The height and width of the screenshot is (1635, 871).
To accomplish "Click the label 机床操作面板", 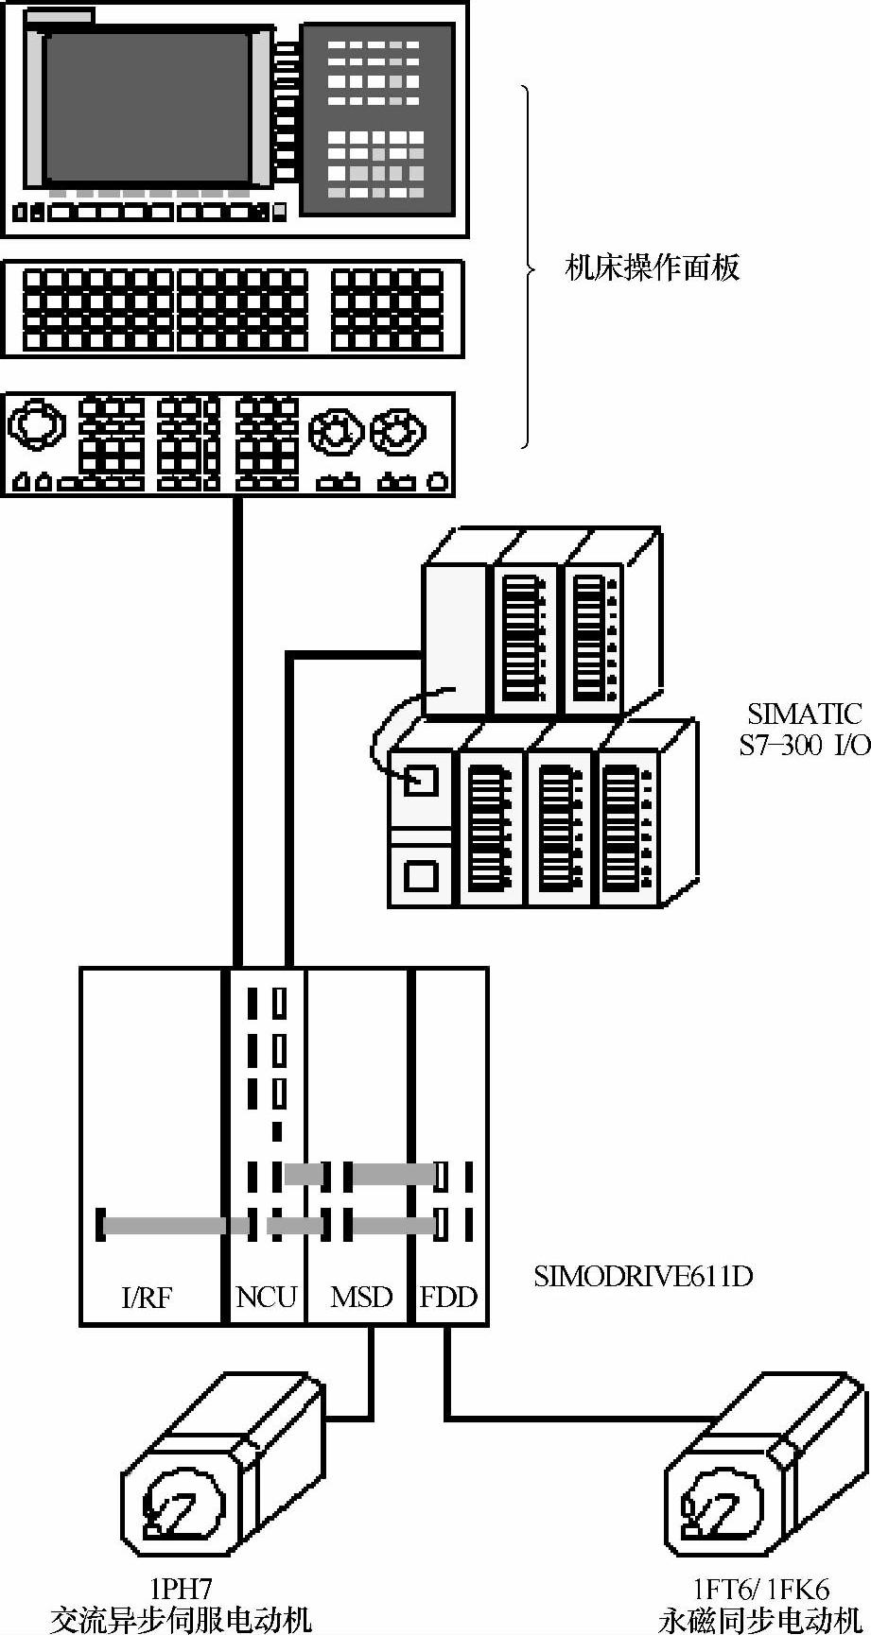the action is [x=652, y=268].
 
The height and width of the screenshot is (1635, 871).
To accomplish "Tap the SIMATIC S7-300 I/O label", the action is [x=803, y=728].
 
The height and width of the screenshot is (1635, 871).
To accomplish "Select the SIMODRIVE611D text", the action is [x=643, y=1277].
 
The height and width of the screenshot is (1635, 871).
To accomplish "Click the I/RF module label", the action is [x=148, y=1297].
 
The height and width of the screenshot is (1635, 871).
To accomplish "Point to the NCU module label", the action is [x=266, y=1297].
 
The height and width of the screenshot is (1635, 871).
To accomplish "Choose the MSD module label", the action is [x=360, y=1297].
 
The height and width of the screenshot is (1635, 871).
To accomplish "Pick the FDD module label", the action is [x=448, y=1297].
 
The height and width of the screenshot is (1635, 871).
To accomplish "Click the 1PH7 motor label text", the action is [x=180, y=1587].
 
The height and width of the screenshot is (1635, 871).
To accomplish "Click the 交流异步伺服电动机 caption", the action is [x=180, y=1619].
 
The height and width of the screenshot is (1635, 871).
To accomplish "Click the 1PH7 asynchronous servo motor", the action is [x=218, y=1474].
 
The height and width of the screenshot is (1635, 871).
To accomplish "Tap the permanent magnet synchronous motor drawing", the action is [x=757, y=1474].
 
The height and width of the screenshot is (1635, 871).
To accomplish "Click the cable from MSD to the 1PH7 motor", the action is [x=369, y=1380].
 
